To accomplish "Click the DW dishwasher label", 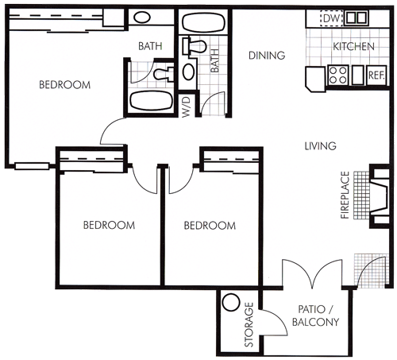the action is click(x=331, y=18).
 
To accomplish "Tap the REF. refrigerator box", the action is click(x=376, y=75).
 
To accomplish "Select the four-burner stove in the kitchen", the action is click(x=338, y=75).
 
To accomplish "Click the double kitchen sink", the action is click(x=357, y=18).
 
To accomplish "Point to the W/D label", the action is click(x=187, y=107).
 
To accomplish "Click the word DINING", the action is click(x=267, y=56).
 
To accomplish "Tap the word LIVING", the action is click(x=320, y=146).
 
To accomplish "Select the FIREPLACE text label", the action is click(x=345, y=195).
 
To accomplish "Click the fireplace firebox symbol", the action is click(x=380, y=196).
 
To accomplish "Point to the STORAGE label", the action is click(x=249, y=324).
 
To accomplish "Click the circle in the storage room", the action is click(x=231, y=302).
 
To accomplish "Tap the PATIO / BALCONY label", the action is click(x=315, y=315).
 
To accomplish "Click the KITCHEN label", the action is click(x=353, y=47).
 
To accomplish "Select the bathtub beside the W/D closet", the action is click(x=151, y=100).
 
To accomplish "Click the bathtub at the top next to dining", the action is click(x=204, y=22).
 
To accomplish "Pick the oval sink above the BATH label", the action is click(x=142, y=17).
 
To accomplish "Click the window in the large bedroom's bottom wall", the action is click(x=32, y=166).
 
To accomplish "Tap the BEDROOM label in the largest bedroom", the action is click(x=65, y=85).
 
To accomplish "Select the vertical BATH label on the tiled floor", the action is click(x=214, y=60).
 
